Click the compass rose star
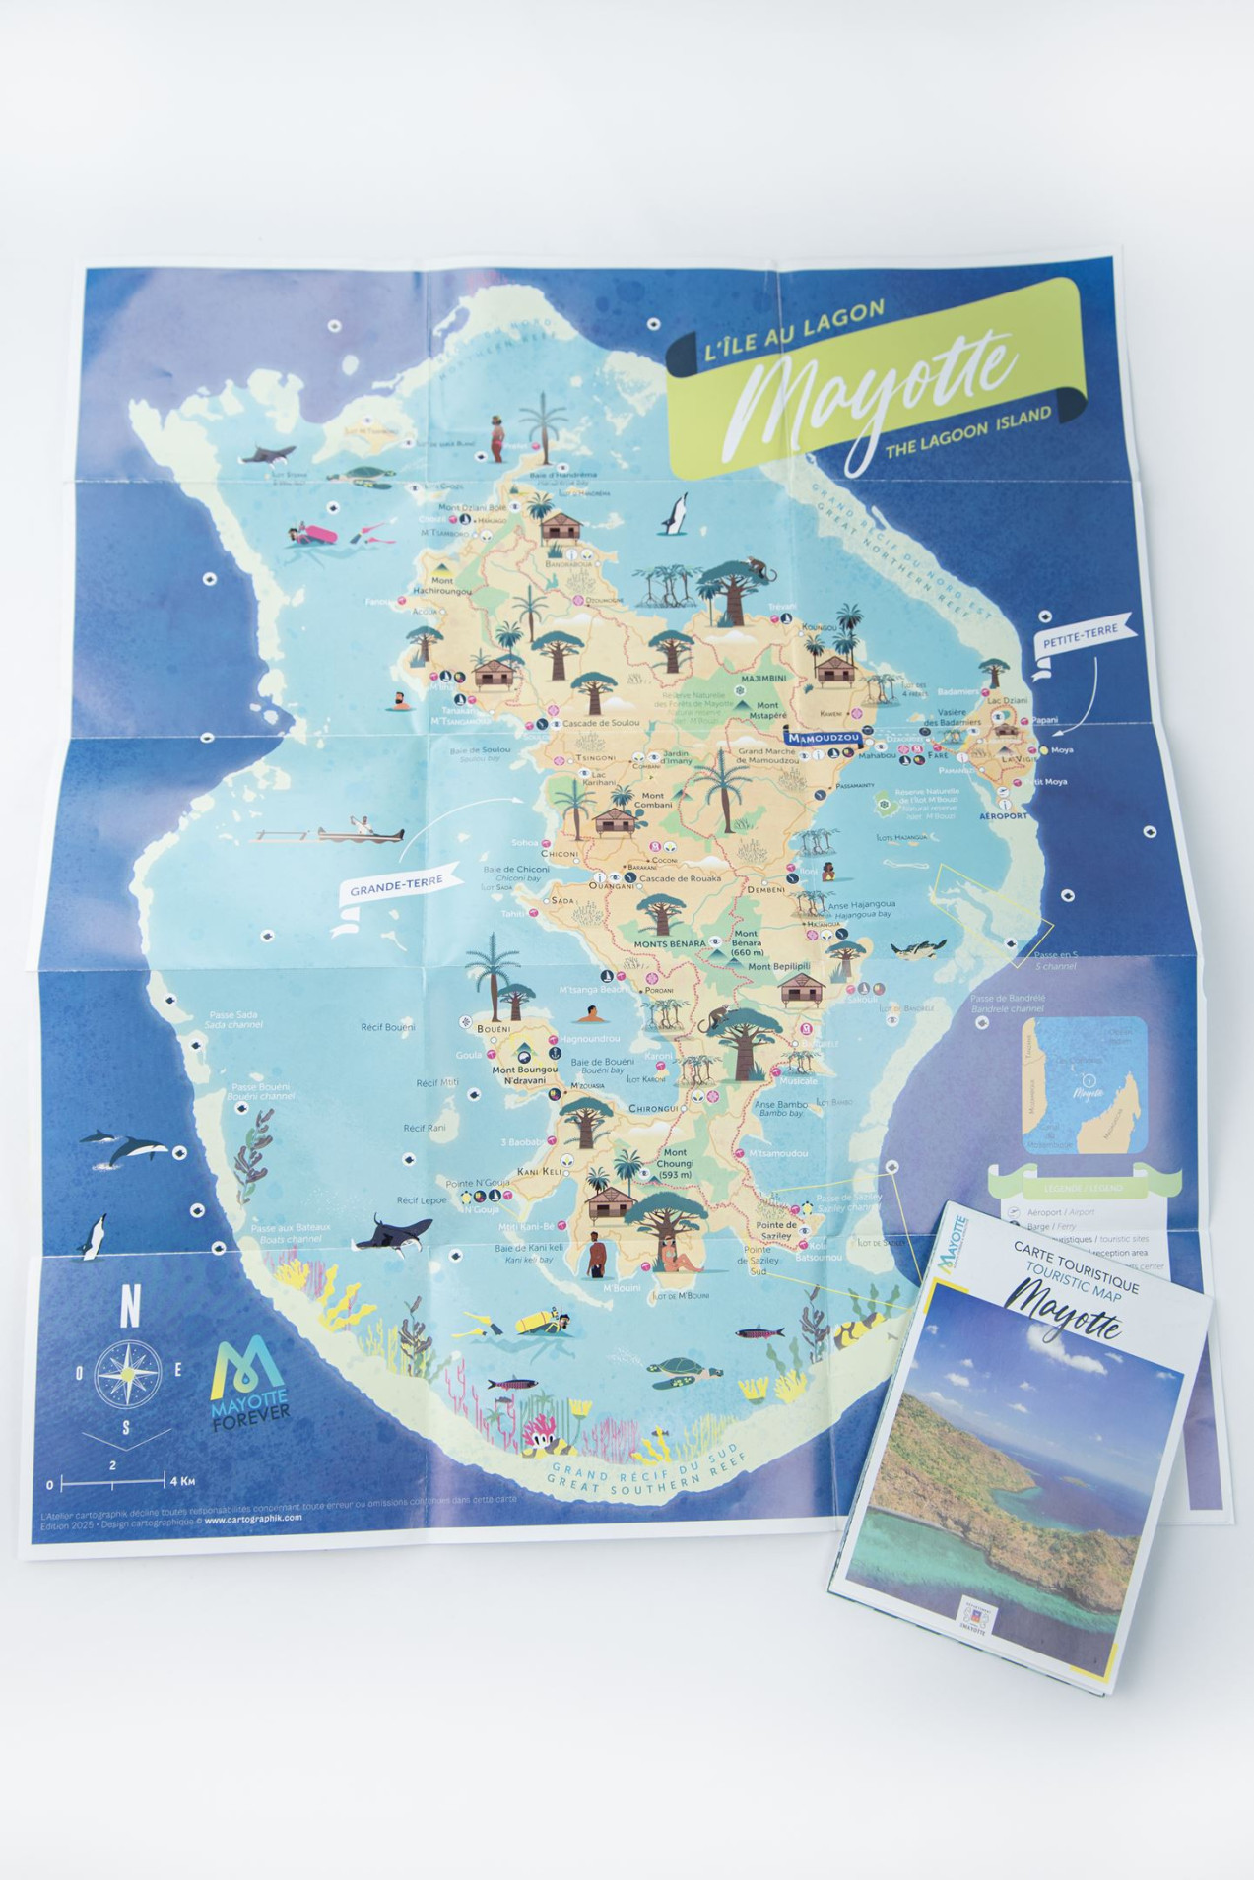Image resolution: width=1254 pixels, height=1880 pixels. coord(128,1372)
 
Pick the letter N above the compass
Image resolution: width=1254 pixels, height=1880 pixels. coord(129,1311)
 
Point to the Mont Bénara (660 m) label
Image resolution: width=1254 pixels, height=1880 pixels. coord(746,942)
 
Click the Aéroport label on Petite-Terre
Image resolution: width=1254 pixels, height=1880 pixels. coord(1004,815)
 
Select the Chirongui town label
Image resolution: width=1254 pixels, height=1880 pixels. coord(654,1108)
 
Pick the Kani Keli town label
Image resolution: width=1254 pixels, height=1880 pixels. coord(540,1171)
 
